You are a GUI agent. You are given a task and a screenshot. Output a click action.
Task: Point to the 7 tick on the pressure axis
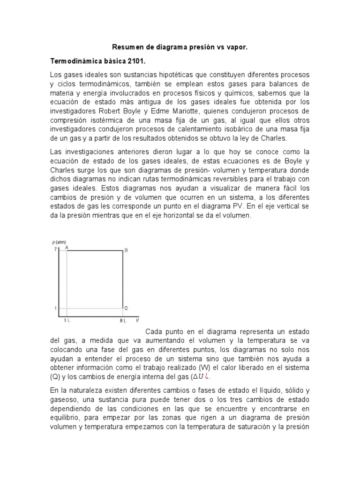point(55,249)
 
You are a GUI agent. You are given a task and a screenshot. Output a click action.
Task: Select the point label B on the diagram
point(126,251)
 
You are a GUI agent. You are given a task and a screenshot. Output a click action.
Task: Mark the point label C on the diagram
point(126,308)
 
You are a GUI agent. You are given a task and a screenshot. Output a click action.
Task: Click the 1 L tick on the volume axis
point(67,321)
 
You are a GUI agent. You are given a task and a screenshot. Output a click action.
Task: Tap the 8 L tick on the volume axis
point(123,321)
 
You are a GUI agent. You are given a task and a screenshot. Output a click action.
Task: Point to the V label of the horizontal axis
point(137,321)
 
